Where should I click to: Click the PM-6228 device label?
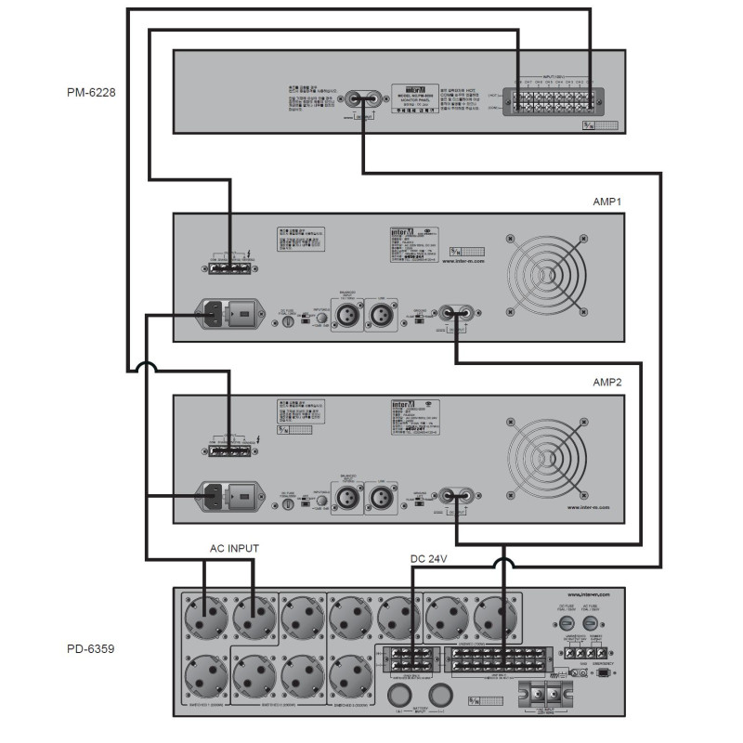pyautogui.click(x=91, y=93)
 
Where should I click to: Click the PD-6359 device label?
pyautogui.click(x=91, y=649)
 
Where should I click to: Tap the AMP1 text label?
pyautogui.click(x=608, y=202)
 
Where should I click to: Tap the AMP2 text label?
pyautogui.click(x=608, y=382)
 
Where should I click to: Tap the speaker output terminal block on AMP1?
pyautogui.click(x=227, y=267)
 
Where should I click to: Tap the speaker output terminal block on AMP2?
pyautogui.click(x=227, y=448)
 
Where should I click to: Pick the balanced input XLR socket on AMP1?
pyautogui.click(x=348, y=315)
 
